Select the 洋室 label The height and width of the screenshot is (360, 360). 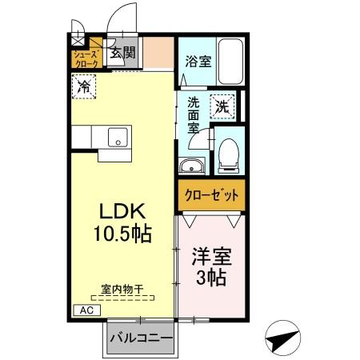(x=210, y=258)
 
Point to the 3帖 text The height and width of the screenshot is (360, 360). (x=210, y=278)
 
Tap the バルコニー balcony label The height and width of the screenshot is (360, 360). (x=140, y=338)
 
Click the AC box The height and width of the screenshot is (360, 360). (x=86, y=309)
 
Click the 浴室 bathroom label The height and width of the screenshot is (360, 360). (x=198, y=61)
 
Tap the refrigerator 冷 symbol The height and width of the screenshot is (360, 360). (x=82, y=86)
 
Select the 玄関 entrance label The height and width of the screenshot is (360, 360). (x=122, y=54)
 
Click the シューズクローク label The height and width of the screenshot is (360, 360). (x=86, y=58)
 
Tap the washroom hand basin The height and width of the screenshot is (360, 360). (x=192, y=166)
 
